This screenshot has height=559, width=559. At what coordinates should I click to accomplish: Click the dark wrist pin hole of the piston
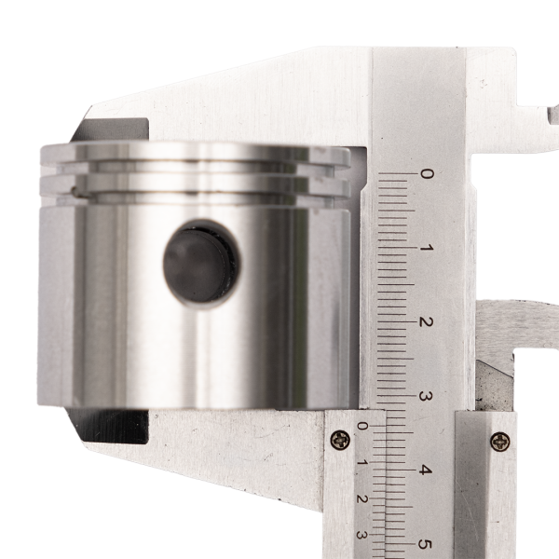(x=201, y=264)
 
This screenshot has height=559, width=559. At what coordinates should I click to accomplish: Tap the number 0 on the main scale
(x=427, y=173)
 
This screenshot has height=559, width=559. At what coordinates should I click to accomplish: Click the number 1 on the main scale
(x=427, y=247)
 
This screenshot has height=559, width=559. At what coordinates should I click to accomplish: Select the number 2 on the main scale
(x=426, y=321)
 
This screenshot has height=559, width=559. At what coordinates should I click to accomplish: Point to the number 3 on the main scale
(x=425, y=396)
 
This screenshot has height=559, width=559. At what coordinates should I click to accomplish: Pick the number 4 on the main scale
(x=424, y=470)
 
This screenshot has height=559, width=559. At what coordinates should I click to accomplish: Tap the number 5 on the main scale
(x=424, y=544)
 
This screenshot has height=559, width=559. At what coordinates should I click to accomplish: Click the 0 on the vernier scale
(x=362, y=426)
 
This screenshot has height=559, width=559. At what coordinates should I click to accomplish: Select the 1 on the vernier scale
(x=361, y=462)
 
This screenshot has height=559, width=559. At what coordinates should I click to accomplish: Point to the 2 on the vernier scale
(x=361, y=498)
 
